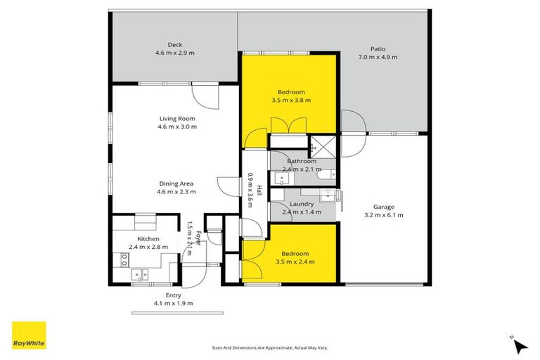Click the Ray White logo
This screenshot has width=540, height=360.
pyautogui.click(x=29, y=335)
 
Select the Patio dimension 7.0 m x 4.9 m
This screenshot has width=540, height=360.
pyautogui.click(x=378, y=57)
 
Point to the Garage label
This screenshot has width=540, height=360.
pyautogui.click(x=383, y=207)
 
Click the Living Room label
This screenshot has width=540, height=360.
pyautogui.click(x=176, y=118)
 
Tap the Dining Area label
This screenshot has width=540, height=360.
pyautogui.click(x=176, y=183)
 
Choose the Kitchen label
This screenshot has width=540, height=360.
pyautogui.click(x=148, y=238)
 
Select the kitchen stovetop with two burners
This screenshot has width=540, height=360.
pyautogui.click(x=124, y=260)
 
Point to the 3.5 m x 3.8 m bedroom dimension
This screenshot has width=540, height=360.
pyautogui.click(x=291, y=101)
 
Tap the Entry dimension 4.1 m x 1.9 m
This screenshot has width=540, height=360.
pyautogui.click(x=173, y=303)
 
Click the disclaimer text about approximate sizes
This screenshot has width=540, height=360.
pyautogui.click(x=270, y=347)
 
